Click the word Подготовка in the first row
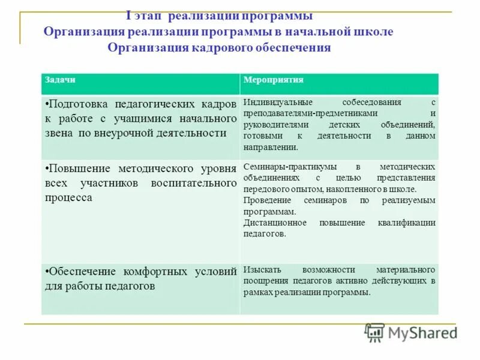79,104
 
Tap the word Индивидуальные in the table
274,102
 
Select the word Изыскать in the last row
259,269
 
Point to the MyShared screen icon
375,333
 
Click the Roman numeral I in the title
130,16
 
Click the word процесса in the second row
68,197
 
